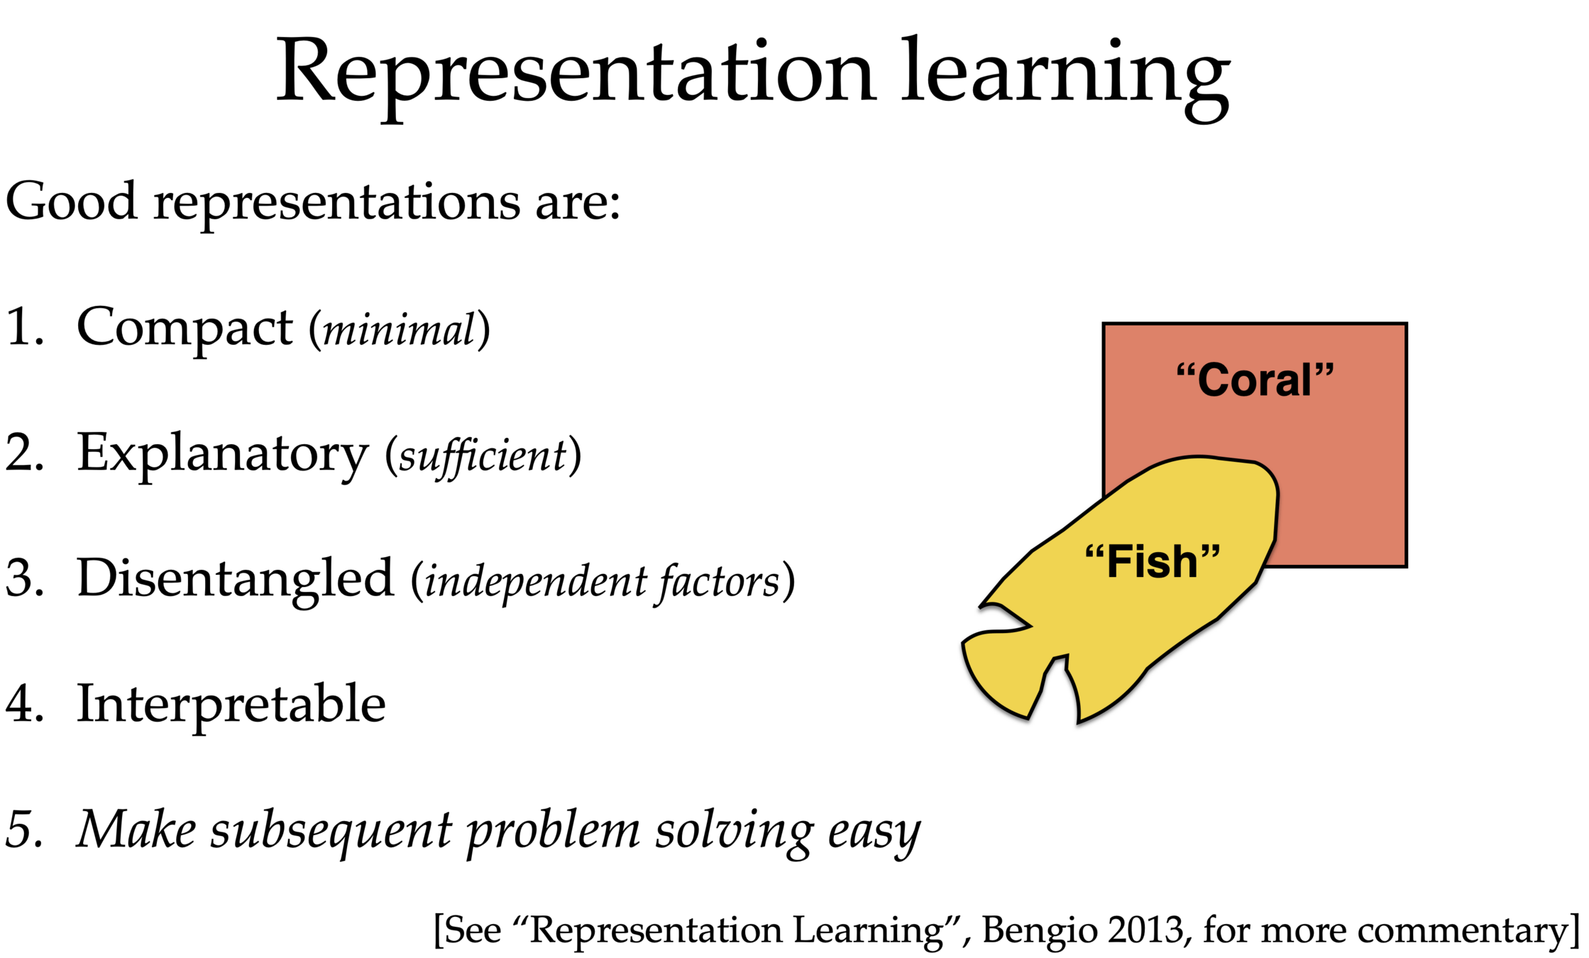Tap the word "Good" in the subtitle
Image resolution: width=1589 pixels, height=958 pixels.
[x=71, y=202]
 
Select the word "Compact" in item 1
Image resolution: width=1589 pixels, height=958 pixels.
[x=184, y=329]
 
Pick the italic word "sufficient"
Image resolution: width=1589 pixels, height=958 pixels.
[x=483, y=456]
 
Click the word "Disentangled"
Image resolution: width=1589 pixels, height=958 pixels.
[x=235, y=578]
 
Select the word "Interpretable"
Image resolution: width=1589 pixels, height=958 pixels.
[x=231, y=704]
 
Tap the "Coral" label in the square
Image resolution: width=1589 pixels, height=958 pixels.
[x=1255, y=380]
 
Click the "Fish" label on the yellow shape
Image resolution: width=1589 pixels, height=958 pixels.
[x=1153, y=561]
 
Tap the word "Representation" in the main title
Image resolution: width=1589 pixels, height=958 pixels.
[x=575, y=75]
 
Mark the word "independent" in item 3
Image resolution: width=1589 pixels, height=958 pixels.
[x=536, y=582]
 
